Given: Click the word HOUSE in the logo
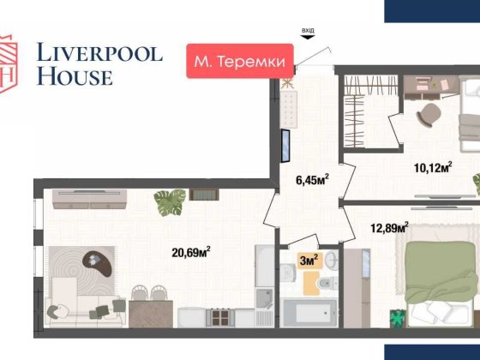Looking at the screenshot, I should tap(74, 77).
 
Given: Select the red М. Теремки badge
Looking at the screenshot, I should tap(240, 61).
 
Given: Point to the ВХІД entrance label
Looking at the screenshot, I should tap(308, 32).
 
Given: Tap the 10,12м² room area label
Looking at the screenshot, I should tap(432, 168).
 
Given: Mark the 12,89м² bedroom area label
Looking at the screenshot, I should tap(389, 228).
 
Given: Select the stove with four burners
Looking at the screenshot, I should tap(218, 317).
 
